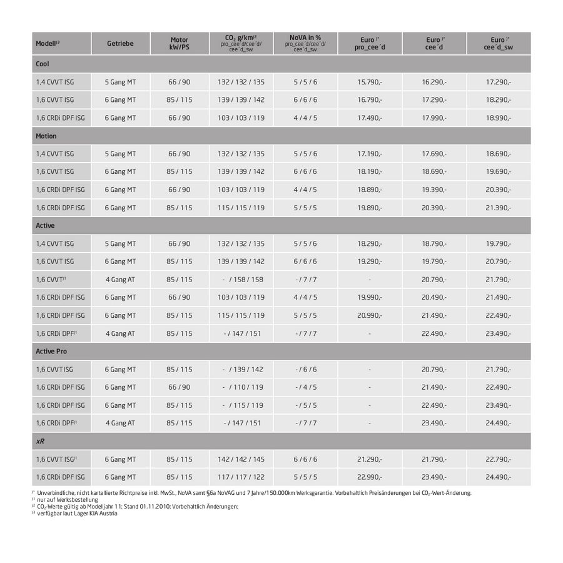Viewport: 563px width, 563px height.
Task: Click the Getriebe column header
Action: [x=120, y=44]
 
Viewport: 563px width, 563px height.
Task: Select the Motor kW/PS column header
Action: [x=179, y=44]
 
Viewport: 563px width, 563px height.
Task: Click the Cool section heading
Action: [x=43, y=64]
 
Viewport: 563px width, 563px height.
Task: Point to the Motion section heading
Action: [x=46, y=136]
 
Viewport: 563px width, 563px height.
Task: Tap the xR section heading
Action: [x=40, y=441]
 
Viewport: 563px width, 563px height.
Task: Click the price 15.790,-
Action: [x=369, y=82]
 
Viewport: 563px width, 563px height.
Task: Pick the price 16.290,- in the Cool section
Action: [x=434, y=82]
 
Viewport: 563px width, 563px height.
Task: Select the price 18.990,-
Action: [x=499, y=118]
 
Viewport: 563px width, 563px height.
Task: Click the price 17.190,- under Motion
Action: [x=369, y=154]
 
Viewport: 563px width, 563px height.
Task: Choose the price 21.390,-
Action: [x=499, y=208]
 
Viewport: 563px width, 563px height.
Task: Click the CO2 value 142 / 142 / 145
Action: [x=241, y=459]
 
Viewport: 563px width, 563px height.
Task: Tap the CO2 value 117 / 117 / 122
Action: [x=241, y=477]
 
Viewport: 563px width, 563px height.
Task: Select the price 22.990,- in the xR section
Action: [x=369, y=477]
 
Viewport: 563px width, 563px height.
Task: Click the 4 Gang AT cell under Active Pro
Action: [x=120, y=424]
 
